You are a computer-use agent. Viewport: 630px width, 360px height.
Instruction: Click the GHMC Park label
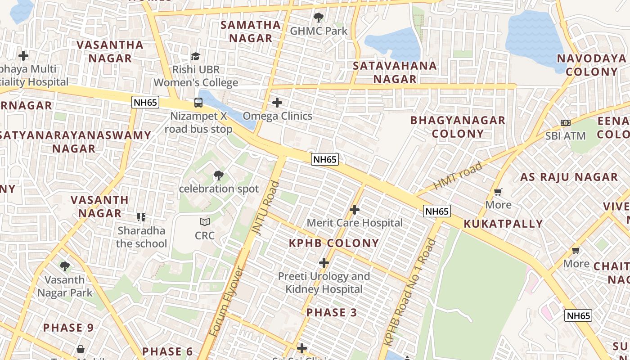pyautogui.click(x=319, y=31)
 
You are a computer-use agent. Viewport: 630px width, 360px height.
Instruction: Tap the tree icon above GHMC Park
pyautogui.click(x=319, y=18)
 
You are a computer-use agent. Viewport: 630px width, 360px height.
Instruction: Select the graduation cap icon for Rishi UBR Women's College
pyautogui.click(x=195, y=56)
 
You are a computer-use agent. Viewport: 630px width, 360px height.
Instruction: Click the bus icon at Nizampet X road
pyautogui.click(x=198, y=102)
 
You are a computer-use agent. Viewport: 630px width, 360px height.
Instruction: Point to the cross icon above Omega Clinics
pyautogui.click(x=277, y=103)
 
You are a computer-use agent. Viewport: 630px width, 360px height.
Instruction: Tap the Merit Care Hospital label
pyautogui.click(x=355, y=223)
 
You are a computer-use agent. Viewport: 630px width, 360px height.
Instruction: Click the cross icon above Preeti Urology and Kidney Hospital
pyautogui.click(x=324, y=263)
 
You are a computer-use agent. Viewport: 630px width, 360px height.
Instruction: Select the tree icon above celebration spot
pyautogui.click(x=219, y=175)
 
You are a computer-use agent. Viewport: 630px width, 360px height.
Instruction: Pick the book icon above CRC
pyautogui.click(x=205, y=222)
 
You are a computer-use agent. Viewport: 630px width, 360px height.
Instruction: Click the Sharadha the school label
pyautogui.click(x=141, y=237)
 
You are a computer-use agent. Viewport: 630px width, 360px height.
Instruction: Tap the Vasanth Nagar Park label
pyautogui.click(x=65, y=286)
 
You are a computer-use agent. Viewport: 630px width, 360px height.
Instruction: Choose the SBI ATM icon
pyautogui.click(x=566, y=123)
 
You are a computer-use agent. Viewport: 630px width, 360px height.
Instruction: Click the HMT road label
pyautogui.click(x=458, y=176)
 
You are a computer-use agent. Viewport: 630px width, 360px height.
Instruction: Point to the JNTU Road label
pyautogui.click(x=265, y=207)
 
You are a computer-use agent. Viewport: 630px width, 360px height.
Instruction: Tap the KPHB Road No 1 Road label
pyautogui.click(x=410, y=292)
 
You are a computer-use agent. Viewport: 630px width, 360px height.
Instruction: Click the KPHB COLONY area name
pyautogui.click(x=334, y=243)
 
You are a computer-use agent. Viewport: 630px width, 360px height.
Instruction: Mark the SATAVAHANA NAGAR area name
pyautogui.click(x=395, y=72)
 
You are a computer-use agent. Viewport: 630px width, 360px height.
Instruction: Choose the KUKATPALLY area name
pyautogui.click(x=503, y=224)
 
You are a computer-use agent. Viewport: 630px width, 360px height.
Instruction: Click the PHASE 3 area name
pyautogui.click(x=332, y=312)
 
